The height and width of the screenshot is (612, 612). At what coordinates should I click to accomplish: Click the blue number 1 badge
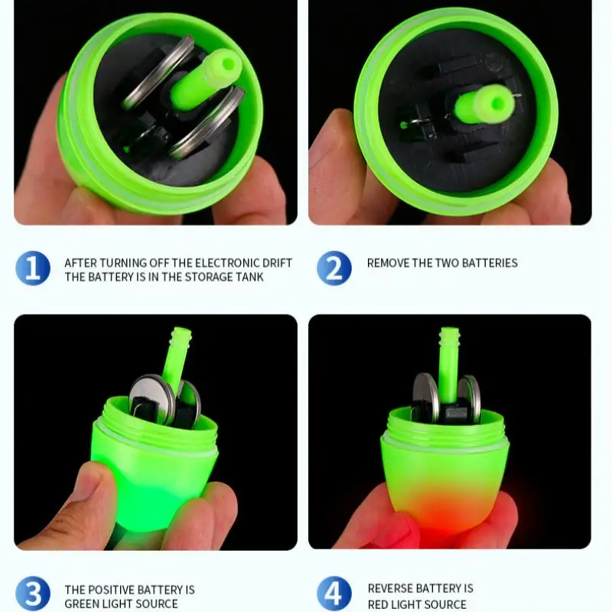[33, 269]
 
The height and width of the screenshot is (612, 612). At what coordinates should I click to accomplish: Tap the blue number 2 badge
[334, 269]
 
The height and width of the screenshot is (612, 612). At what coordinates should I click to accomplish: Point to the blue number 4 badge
[334, 595]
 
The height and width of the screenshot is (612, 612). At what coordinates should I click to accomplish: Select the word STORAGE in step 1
[200, 277]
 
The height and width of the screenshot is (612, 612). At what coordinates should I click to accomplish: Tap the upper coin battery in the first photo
[156, 73]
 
